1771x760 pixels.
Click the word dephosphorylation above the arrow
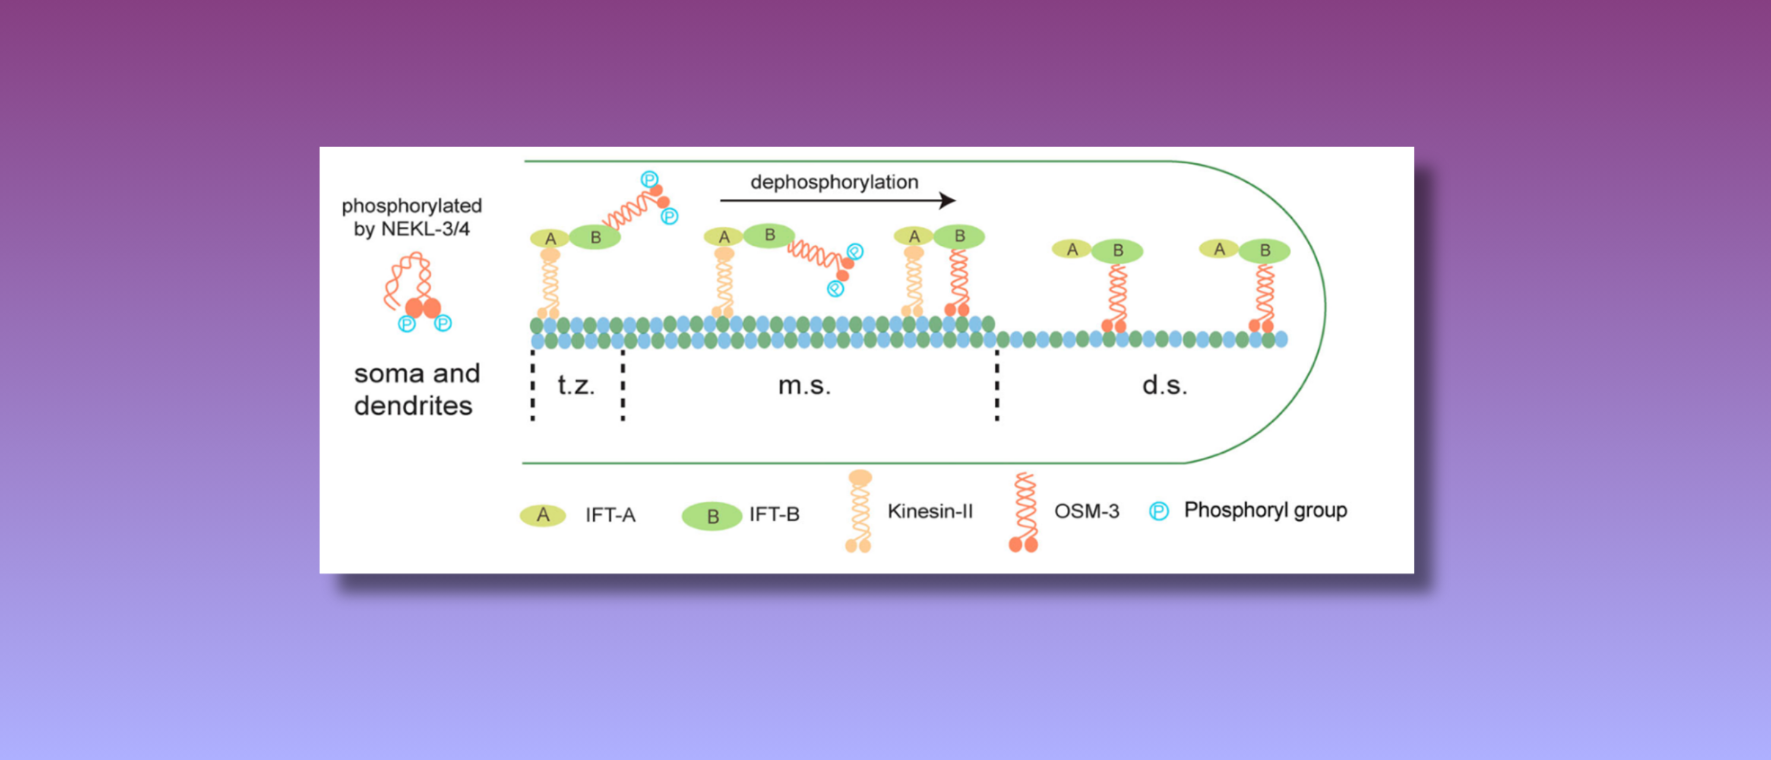coord(834,182)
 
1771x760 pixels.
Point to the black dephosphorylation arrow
coord(837,201)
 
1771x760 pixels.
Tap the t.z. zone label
coord(576,385)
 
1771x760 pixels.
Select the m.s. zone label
coord(804,386)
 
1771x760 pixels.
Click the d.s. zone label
coord(1165,385)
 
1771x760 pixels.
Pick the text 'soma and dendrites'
coord(417,389)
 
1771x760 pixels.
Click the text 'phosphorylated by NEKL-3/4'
coord(412,217)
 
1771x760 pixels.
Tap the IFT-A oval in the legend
coord(542,515)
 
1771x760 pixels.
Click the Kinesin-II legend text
coord(930,511)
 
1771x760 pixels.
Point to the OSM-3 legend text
coord(1086,511)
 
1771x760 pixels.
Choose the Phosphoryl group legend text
coord(1265,511)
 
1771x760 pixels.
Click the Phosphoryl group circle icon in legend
coord(1159,511)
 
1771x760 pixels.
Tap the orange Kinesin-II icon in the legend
coord(859,511)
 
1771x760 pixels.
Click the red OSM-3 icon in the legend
coord(1024,512)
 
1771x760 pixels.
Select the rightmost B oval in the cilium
coord(1264,251)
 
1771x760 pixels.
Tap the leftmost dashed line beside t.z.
coord(533,385)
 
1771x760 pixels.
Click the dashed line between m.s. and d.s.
coord(997,385)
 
